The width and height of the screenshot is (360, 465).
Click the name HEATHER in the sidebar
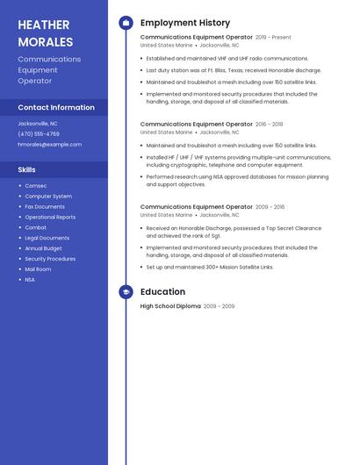(44, 25)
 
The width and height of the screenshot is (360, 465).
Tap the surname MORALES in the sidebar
(45, 41)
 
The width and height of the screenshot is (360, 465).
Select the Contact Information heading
(56, 107)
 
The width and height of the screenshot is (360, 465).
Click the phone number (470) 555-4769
(39, 134)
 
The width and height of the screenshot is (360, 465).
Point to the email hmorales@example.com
(49, 145)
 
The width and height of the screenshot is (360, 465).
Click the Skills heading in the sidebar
(27, 169)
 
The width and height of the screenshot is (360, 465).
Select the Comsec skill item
(36, 186)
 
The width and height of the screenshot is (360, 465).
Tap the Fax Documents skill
(45, 207)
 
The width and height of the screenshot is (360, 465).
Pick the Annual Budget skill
(44, 248)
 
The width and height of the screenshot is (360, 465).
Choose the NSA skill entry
(30, 280)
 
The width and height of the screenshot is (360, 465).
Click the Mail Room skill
(38, 269)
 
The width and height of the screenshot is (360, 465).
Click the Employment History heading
(185, 23)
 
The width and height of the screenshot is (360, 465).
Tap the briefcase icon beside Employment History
(126, 23)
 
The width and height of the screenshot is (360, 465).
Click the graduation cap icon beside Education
(126, 292)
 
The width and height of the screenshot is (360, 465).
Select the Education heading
(163, 292)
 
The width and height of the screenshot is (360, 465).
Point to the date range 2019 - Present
(273, 38)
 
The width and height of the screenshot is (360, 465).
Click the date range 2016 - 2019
(270, 125)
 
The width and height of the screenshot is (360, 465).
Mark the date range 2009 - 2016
(270, 207)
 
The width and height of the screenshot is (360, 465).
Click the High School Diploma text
(170, 306)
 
